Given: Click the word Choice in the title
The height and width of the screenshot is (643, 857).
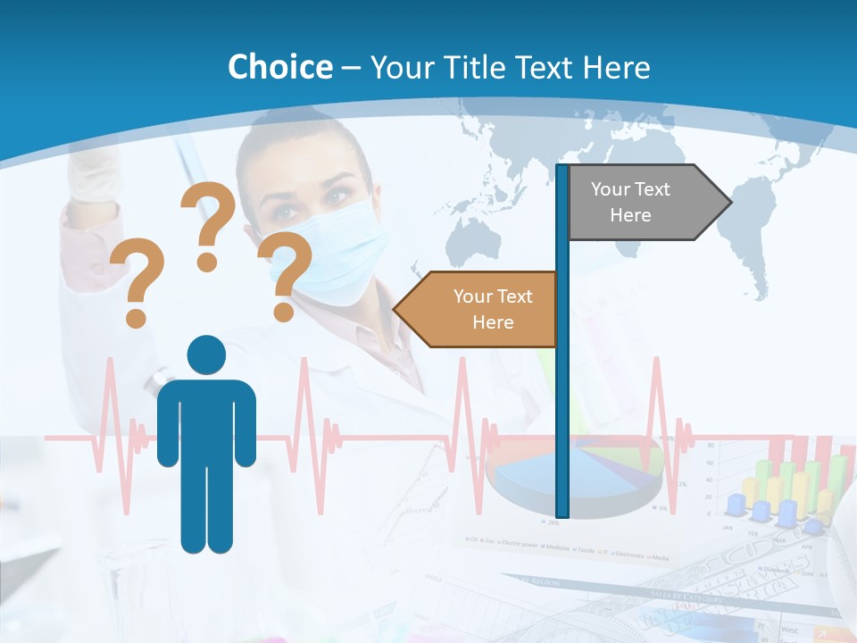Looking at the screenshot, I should [x=279, y=67].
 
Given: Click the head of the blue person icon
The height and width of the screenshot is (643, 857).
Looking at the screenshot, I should [x=206, y=355].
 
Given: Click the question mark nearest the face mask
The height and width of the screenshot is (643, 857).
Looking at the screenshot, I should [x=286, y=275].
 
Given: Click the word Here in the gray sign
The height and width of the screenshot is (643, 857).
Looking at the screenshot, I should [x=630, y=215].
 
